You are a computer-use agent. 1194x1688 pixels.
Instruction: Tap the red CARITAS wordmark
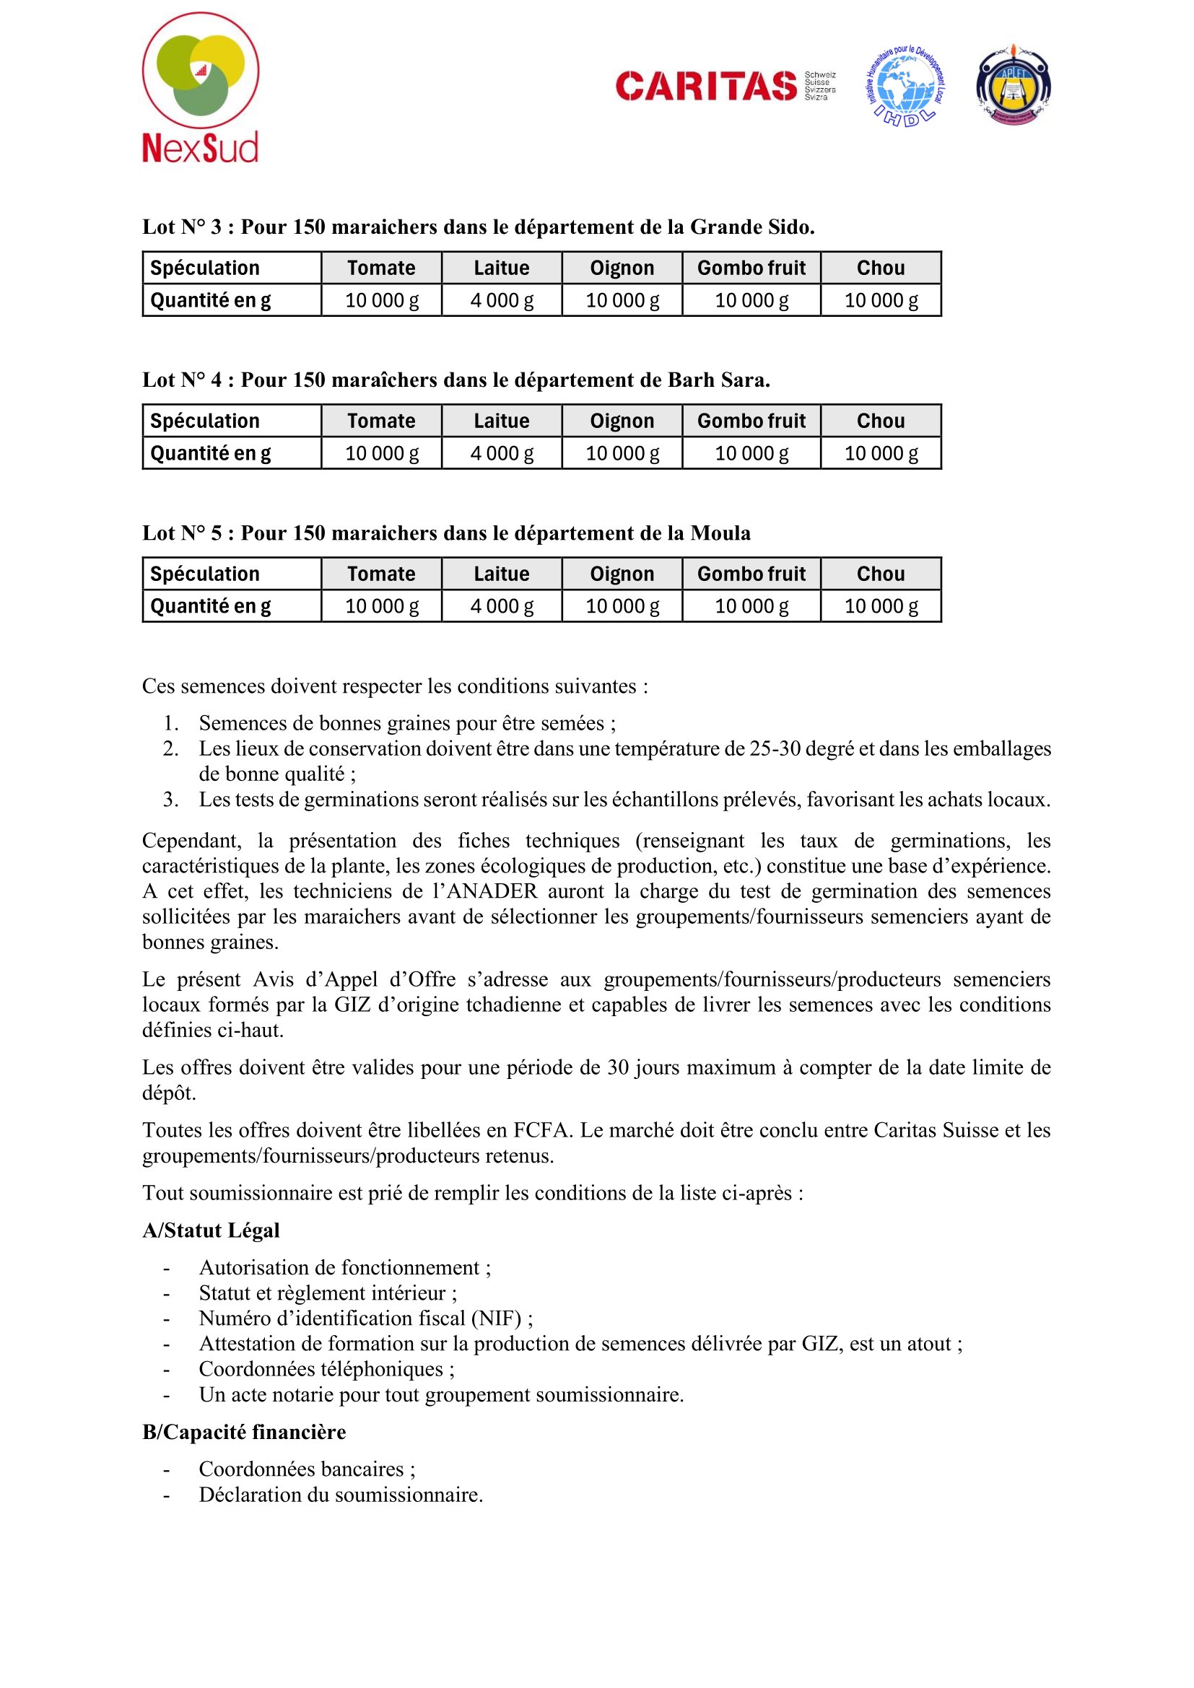706,86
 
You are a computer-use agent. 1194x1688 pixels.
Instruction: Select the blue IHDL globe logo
905,86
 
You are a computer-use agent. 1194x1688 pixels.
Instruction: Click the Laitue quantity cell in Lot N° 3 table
502,300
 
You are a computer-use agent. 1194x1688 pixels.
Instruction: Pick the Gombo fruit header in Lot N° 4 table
751,421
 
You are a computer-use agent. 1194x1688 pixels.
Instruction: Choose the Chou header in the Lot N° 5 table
880,574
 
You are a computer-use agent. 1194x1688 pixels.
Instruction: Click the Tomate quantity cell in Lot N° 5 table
382,605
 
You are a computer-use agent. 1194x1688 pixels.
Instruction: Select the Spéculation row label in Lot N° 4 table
205,421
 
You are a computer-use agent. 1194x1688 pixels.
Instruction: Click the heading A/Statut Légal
211,1230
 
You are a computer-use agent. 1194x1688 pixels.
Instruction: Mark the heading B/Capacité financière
244,1431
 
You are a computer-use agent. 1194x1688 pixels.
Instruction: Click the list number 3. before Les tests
170,799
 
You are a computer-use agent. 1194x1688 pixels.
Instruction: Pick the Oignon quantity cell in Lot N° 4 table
622,453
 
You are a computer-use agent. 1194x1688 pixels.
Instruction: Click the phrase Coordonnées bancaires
302,1469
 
